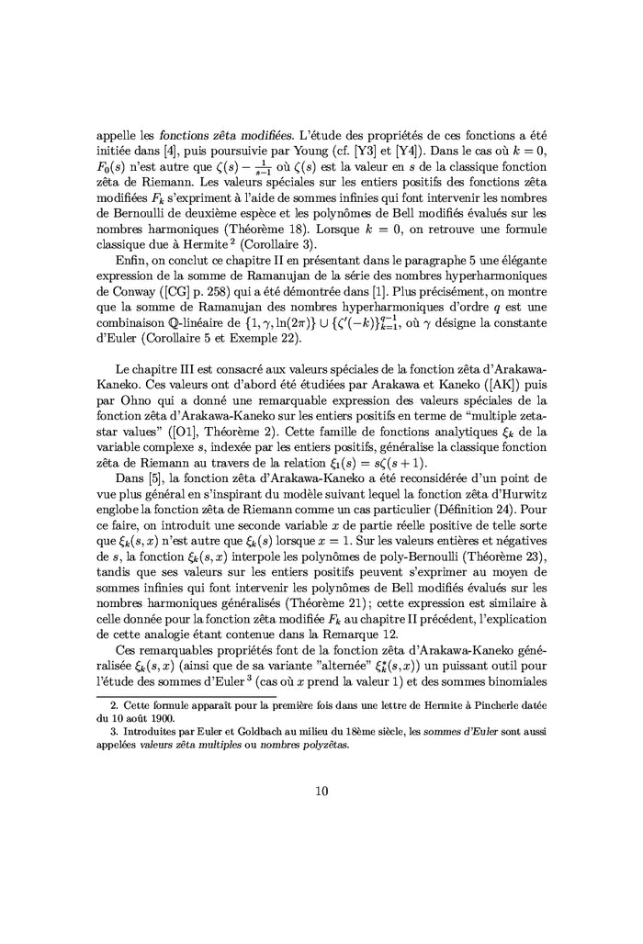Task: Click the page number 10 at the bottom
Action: pyautogui.click(x=321, y=792)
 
